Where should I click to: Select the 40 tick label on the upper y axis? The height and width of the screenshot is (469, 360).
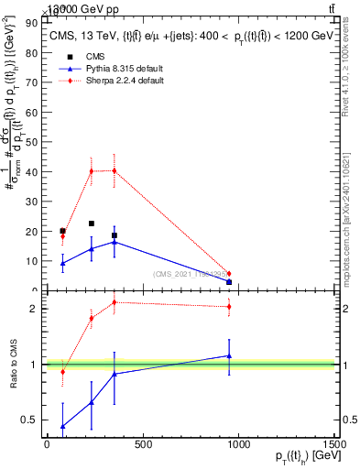tap(32, 171)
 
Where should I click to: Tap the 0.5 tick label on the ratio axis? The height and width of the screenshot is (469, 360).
tap(30, 420)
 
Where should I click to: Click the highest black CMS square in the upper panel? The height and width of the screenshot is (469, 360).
tap(92, 224)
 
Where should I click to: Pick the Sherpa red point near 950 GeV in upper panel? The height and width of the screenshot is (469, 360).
tap(229, 274)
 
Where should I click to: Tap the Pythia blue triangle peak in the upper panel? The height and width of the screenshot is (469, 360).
tap(114, 242)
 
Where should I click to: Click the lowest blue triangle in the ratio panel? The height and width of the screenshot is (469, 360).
tap(62, 426)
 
